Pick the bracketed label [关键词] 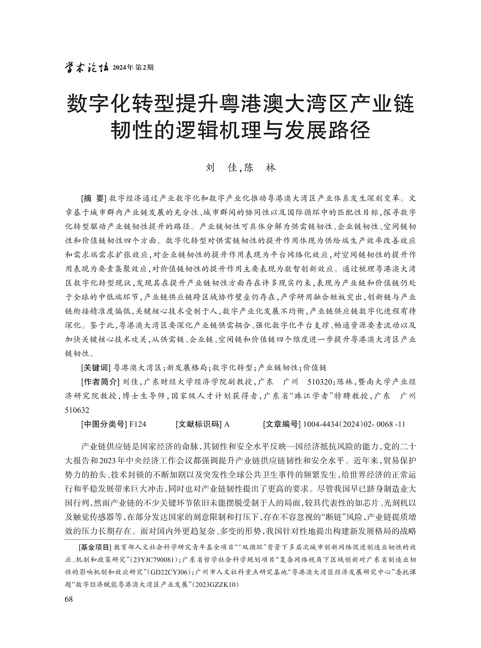click(96, 368)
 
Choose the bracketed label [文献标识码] click(199, 424)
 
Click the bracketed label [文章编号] click(281, 424)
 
